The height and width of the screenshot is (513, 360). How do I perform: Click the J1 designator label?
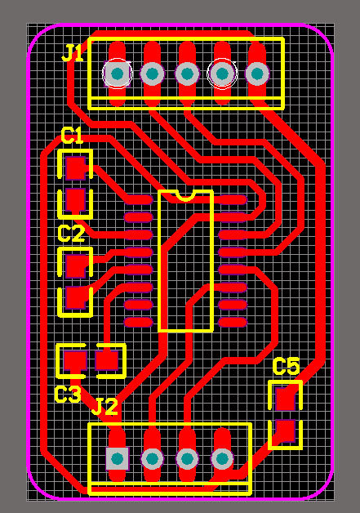pos(73,53)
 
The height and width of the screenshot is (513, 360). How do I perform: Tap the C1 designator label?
pos(72,136)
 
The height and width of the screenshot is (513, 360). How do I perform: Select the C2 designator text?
pos(71,234)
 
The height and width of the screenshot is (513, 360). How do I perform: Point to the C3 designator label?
pos(68,395)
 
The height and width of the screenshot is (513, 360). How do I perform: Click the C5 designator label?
pos(286,366)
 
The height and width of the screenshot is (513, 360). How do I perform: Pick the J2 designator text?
pos(104,407)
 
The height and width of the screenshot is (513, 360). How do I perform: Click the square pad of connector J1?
pos(117,74)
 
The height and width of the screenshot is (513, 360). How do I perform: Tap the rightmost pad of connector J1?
pos(257,74)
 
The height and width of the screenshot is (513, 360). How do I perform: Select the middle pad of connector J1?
pos(187,74)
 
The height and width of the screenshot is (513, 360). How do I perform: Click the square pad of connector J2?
pos(118,459)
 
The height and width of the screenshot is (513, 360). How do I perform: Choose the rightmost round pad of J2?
pos(222,459)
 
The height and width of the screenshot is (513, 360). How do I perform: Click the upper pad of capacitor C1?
pos(76,168)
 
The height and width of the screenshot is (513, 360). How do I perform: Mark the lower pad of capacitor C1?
pos(76,199)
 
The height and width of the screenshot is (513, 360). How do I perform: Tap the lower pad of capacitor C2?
pos(76,297)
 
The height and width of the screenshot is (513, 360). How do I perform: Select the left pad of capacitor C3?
pos(75,360)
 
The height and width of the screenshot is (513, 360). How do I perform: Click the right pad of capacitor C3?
pos(107,360)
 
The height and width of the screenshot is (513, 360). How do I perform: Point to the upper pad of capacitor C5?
pos(285,399)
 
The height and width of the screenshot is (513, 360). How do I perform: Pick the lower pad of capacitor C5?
pos(285,430)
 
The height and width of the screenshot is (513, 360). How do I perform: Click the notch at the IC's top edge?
pos(185,196)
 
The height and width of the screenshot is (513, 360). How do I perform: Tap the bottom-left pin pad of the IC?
pos(139,323)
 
